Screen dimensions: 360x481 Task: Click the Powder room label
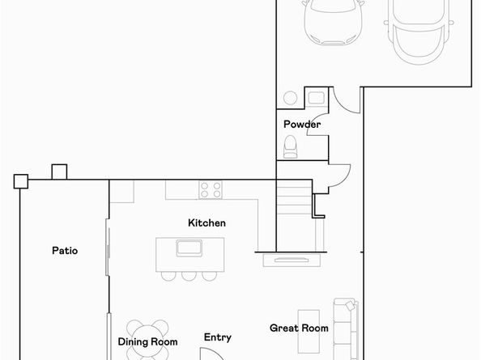(301, 125)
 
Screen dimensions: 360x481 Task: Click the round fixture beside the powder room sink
(290, 99)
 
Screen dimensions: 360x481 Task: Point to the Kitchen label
(206, 222)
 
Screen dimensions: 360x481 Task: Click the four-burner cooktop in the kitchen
(211, 190)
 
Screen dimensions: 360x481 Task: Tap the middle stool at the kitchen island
(189, 275)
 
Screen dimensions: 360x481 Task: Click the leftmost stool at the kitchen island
(168, 275)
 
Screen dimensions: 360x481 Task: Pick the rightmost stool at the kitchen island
(210, 275)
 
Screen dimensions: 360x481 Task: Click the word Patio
(65, 251)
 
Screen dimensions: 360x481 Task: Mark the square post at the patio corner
(21, 181)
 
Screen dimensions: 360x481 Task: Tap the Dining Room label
(147, 342)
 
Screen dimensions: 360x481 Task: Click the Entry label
(217, 337)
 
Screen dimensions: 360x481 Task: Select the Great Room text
(299, 328)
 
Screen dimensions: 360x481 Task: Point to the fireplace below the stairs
(291, 260)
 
